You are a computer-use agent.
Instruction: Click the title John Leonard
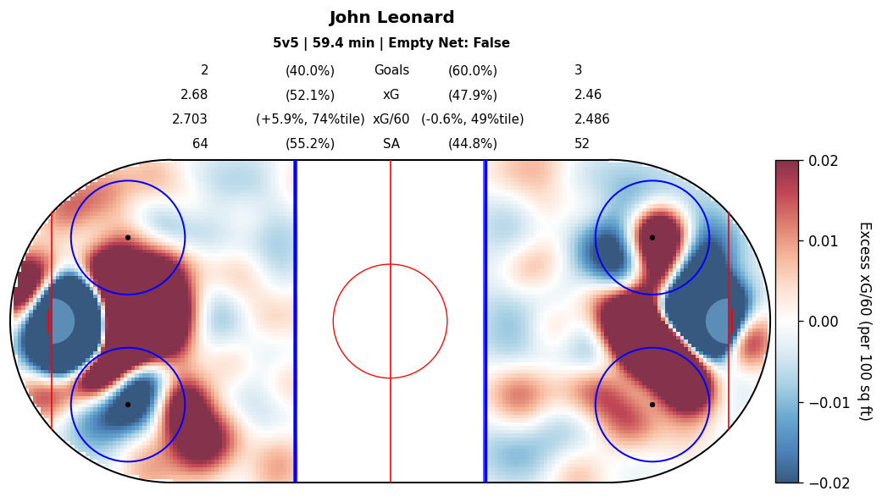(x=391, y=18)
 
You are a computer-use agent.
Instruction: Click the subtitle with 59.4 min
(x=391, y=43)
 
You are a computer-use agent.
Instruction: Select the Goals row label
(x=391, y=71)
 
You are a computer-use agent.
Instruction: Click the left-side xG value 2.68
(x=194, y=95)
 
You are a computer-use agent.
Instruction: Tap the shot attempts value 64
(x=200, y=144)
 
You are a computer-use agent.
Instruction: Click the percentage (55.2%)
(x=310, y=144)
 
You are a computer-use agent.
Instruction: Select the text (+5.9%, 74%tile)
(x=310, y=119)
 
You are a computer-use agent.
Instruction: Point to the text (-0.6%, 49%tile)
(x=473, y=119)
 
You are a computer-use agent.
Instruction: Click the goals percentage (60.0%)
(x=473, y=71)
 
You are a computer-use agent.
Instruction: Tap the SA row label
(x=391, y=144)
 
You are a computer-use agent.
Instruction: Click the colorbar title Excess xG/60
(x=864, y=321)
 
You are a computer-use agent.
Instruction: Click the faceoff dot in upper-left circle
(x=128, y=238)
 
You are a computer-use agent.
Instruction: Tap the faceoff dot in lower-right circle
(x=652, y=405)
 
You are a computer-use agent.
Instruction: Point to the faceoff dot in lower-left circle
(x=128, y=405)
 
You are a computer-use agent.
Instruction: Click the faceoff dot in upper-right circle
(x=652, y=238)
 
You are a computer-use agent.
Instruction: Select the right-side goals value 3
(x=578, y=71)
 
